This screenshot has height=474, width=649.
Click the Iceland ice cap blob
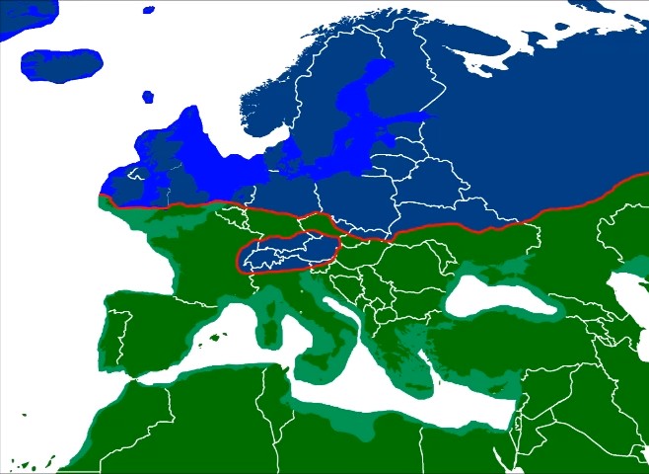(x=61, y=65)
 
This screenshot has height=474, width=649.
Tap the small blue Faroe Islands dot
(x=148, y=97)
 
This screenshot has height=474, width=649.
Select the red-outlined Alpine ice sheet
(x=287, y=253)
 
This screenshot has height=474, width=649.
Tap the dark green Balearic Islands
(x=211, y=341)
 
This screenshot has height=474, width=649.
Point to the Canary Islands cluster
(x=30, y=464)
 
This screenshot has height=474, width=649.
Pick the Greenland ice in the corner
(x=25, y=15)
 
